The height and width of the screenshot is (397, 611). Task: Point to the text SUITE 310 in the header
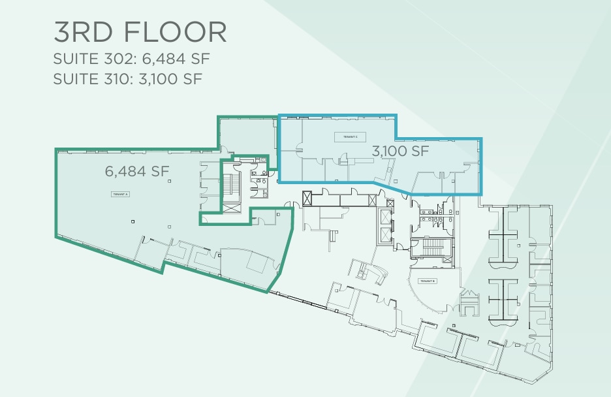click(x=93, y=79)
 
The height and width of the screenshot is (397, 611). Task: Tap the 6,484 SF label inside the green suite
click(x=137, y=172)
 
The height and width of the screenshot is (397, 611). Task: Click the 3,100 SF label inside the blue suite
click(x=400, y=151)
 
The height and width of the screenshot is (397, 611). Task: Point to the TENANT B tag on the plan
click(x=428, y=281)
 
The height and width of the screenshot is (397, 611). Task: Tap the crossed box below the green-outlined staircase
click(x=232, y=207)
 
